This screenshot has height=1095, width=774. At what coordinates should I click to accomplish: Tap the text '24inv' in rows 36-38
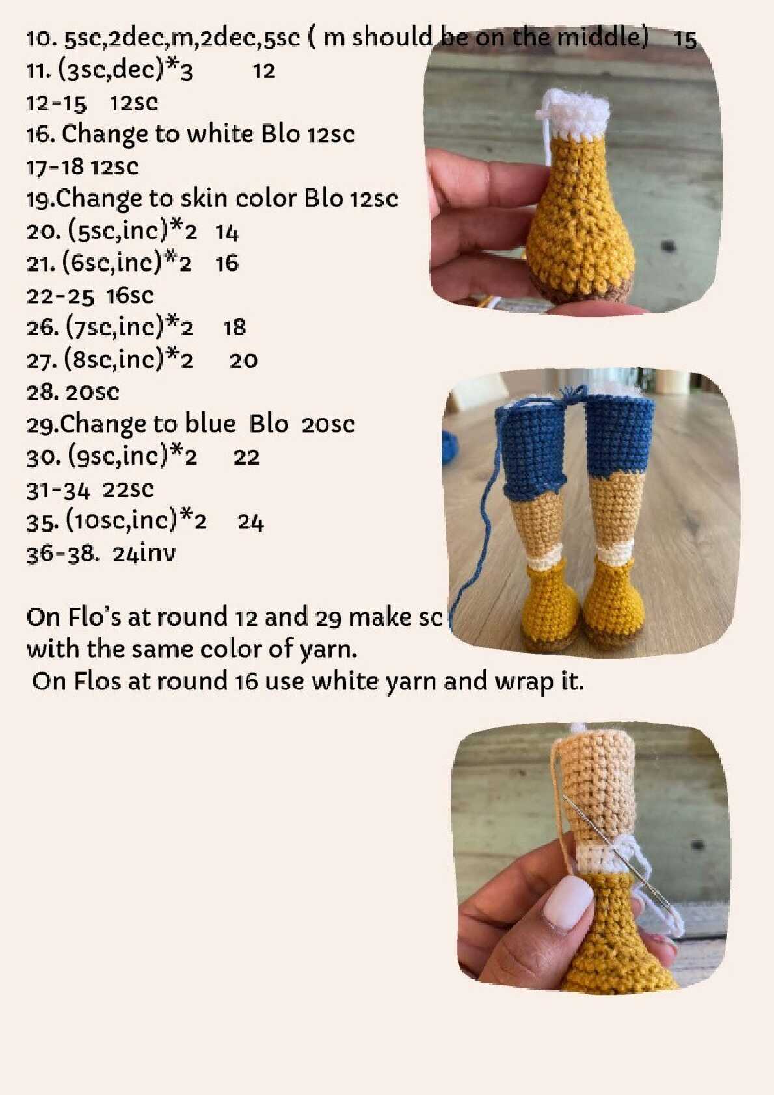[144, 554]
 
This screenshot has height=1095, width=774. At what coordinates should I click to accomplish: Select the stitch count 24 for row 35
[251, 523]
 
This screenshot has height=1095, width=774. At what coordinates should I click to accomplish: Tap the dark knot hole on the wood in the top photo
[669, 247]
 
